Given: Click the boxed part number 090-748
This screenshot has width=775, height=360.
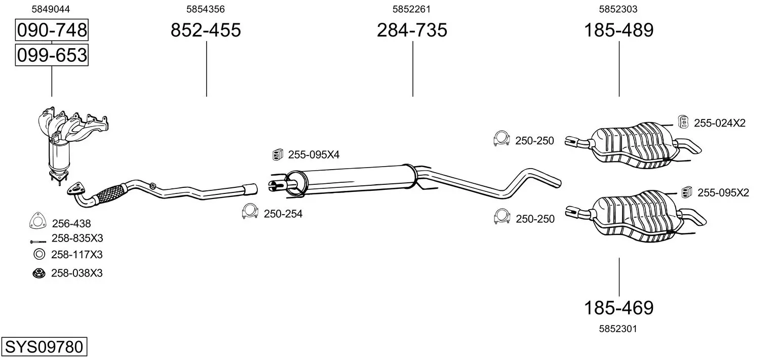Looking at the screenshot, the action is [x=52, y=30].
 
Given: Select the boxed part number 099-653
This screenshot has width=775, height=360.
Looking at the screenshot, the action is [x=52, y=55].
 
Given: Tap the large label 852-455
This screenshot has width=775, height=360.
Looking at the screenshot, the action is [x=206, y=30].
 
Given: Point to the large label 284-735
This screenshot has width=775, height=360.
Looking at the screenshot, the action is [x=412, y=30].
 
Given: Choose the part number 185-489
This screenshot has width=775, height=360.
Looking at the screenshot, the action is [x=619, y=30].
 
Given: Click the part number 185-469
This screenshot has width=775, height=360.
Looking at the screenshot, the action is [x=619, y=308].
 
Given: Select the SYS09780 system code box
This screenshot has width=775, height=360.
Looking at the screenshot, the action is [x=44, y=346].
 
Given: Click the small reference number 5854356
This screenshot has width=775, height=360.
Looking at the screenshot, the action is [x=206, y=9].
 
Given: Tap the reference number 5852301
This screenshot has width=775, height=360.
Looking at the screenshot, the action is [x=618, y=329].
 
